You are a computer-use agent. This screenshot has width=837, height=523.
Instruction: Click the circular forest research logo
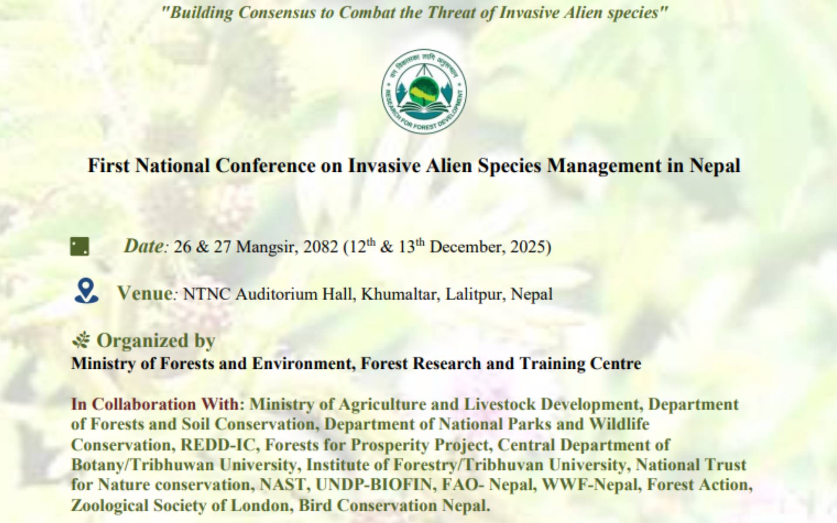(424, 90)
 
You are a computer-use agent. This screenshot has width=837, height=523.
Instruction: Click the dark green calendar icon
(80, 247)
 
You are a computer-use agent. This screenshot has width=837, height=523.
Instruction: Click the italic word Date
(143, 246)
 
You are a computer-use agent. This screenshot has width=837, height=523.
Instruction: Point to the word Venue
(145, 293)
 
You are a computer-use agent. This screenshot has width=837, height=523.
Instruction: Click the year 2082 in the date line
(320, 247)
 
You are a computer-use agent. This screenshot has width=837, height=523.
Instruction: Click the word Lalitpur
(476, 295)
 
